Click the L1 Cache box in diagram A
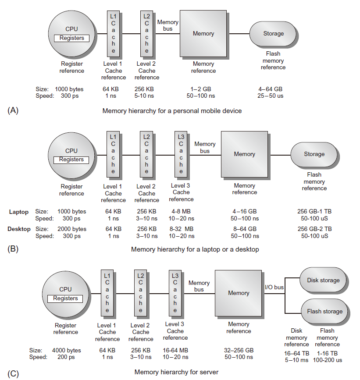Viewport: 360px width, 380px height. [x=113, y=34]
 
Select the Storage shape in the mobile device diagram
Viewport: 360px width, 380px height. [x=273, y=34]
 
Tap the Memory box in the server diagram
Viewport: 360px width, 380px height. [x=239, y=293]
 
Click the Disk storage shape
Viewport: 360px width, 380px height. [x=323, y=281]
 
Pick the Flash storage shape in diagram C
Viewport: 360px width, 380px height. [x=324, y=312]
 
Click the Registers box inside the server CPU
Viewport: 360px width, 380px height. [x=65, y=298]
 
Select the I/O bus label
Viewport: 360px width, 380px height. [x=274, y=288]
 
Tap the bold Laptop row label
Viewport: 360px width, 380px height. [x=19, y=212]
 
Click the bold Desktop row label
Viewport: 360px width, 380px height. [x=19, y=229]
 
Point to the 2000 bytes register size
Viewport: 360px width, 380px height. [x=72, y=229]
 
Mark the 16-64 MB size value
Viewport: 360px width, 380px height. [x=175, y=350]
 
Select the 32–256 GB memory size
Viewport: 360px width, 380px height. [x=239, y=350]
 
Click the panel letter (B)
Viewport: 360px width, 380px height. [x=13, y=249]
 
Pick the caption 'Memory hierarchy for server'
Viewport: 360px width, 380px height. [x=176, y=372]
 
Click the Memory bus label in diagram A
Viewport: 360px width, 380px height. [x=168, y=25]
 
